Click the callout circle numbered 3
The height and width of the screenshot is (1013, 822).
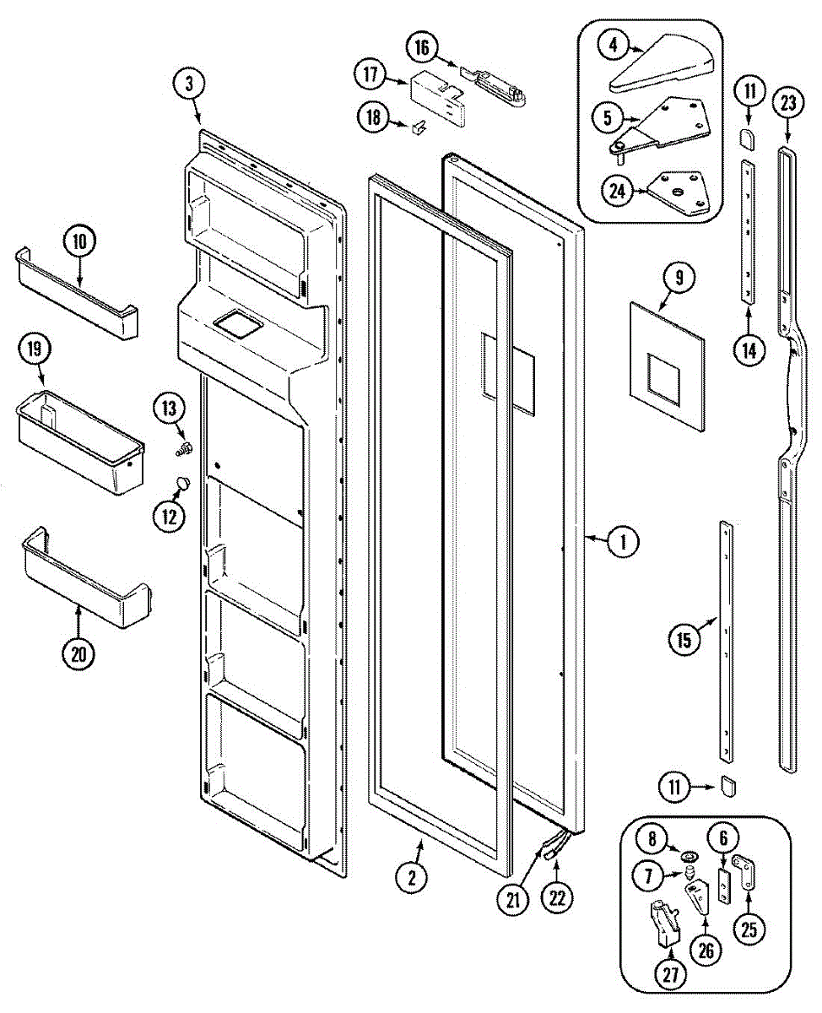coord(190,83)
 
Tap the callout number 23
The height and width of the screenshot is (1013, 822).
coord(787,104)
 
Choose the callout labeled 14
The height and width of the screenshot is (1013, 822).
coord(749,349)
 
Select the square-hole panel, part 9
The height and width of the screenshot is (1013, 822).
coord(667,364)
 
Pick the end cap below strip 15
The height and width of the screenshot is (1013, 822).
coord(728,788)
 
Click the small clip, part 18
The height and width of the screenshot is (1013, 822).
coord(419,127)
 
